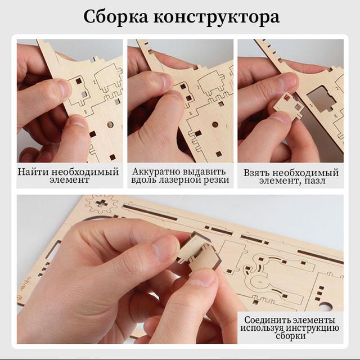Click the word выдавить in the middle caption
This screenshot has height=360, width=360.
pyautogui.click(x=205, y=171)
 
